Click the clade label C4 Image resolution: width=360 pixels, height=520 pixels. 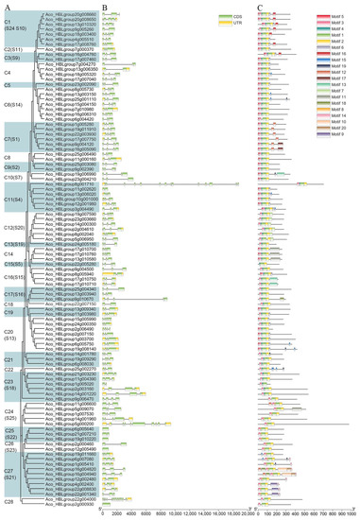pos(9,72)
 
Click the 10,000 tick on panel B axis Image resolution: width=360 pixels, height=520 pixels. pos(175,513)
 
